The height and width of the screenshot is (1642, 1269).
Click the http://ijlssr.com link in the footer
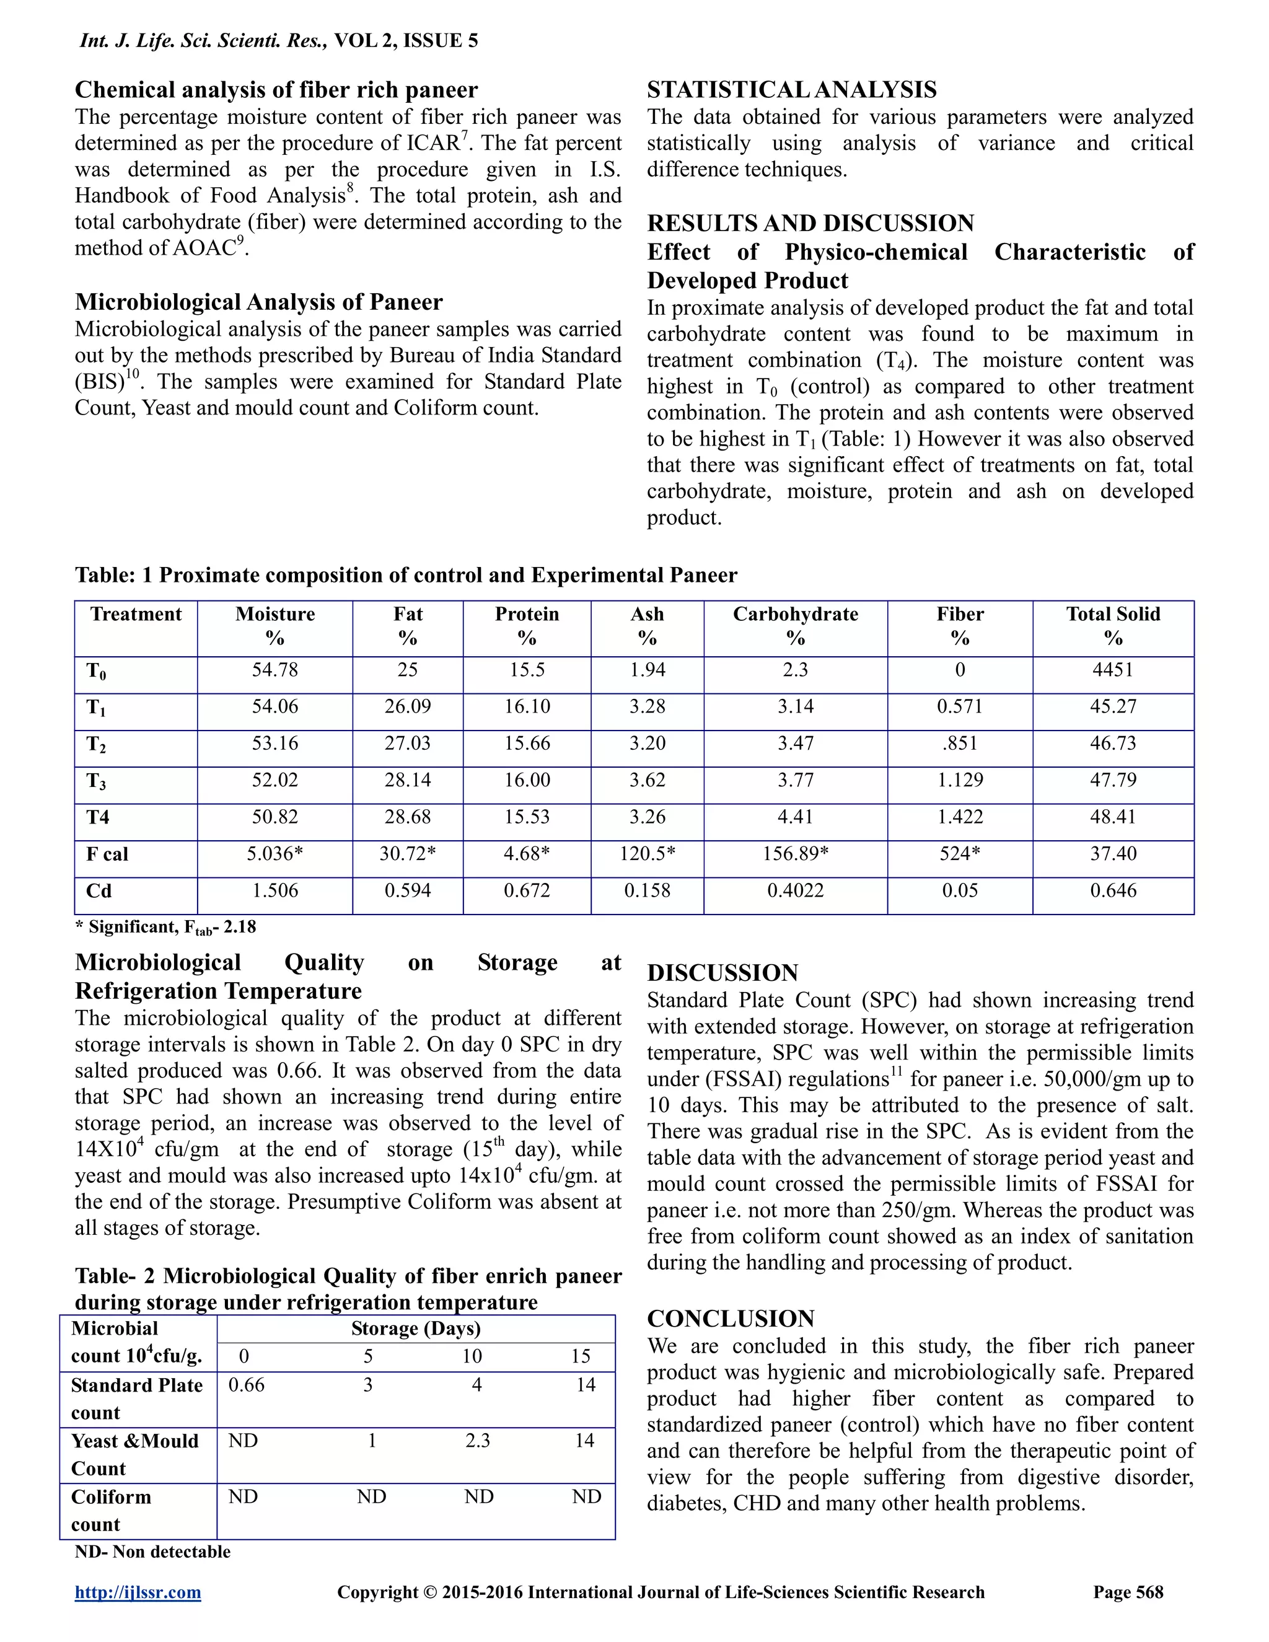138,1592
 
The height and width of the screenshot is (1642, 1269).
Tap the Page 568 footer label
1128,1592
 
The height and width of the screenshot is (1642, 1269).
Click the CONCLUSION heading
731,1318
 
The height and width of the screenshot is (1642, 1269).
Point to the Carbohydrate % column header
796,626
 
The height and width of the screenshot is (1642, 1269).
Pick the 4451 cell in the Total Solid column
1113,670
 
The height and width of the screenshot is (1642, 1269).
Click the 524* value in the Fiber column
960,853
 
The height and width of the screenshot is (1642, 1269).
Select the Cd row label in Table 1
99,891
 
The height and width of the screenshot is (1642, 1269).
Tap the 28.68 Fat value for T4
408,817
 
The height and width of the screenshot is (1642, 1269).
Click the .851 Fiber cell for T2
960,743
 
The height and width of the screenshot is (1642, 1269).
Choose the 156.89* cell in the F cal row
796,853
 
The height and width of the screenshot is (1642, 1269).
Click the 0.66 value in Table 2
247,1385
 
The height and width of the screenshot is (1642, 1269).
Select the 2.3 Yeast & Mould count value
477,1441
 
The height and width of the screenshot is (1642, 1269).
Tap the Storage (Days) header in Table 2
416,1328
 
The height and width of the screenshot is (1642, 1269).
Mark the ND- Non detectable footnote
152,1552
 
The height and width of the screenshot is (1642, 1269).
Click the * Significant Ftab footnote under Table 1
166,927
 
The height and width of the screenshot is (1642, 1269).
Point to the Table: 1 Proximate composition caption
406,575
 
